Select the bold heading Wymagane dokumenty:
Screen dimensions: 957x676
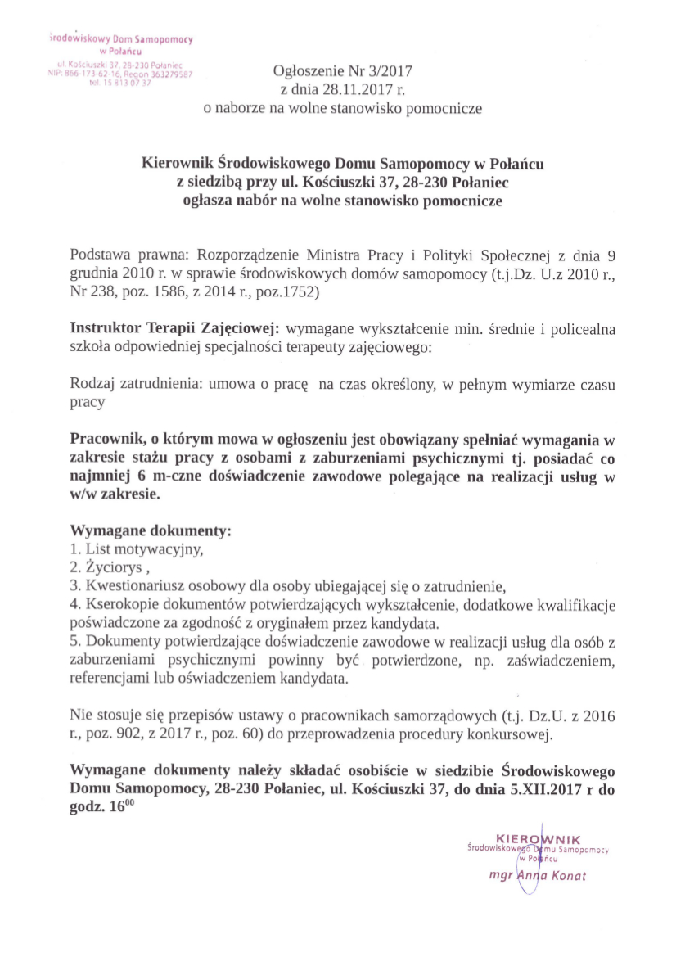point(151,530)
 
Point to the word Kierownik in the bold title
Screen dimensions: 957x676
point(177,164)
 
